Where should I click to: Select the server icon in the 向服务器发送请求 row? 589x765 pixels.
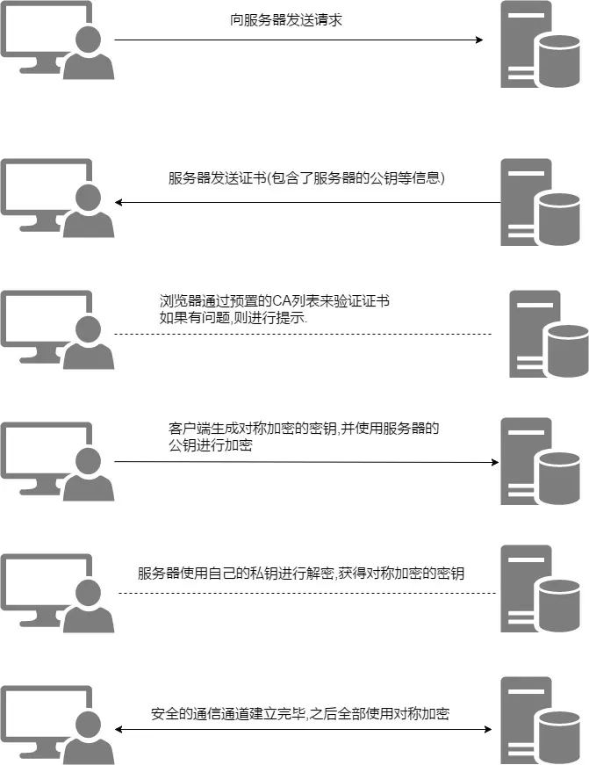(528, 44)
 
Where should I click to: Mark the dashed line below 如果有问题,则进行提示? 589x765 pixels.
(303, 334)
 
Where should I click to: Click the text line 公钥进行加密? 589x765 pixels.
(211, 446)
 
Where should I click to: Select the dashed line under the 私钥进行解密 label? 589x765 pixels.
(307, 593)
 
